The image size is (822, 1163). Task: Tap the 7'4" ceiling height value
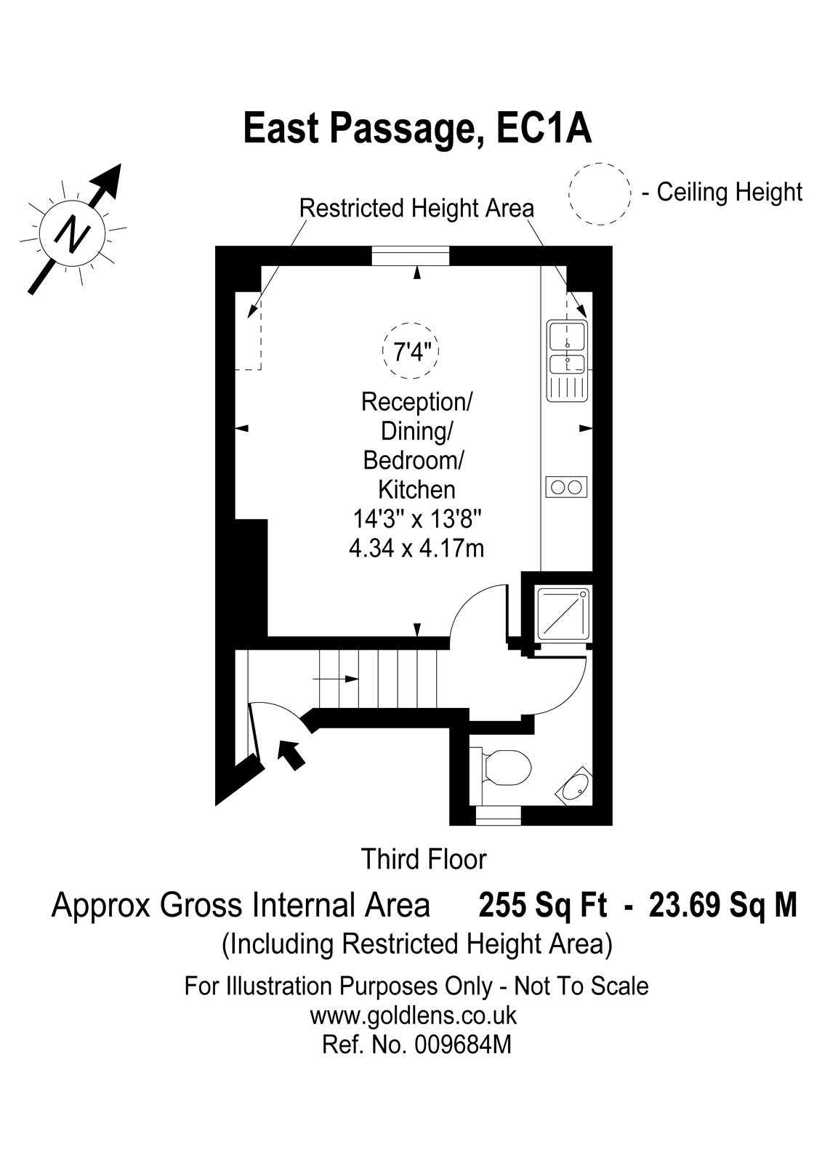coord(410,352)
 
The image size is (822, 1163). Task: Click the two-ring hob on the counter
coord(566,487)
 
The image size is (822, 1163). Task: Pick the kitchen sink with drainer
coord(566,361)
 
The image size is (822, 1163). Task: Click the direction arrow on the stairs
coord(335,679)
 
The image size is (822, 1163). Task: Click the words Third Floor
coord(424,859)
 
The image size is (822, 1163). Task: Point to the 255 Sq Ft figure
coord(543,906)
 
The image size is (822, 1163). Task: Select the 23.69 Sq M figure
coord(723,906)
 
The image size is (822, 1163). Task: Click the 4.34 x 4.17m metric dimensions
coord(416,548)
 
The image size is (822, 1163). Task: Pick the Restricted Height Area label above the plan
coord(417,209)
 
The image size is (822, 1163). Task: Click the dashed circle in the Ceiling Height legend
coord(600,164)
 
